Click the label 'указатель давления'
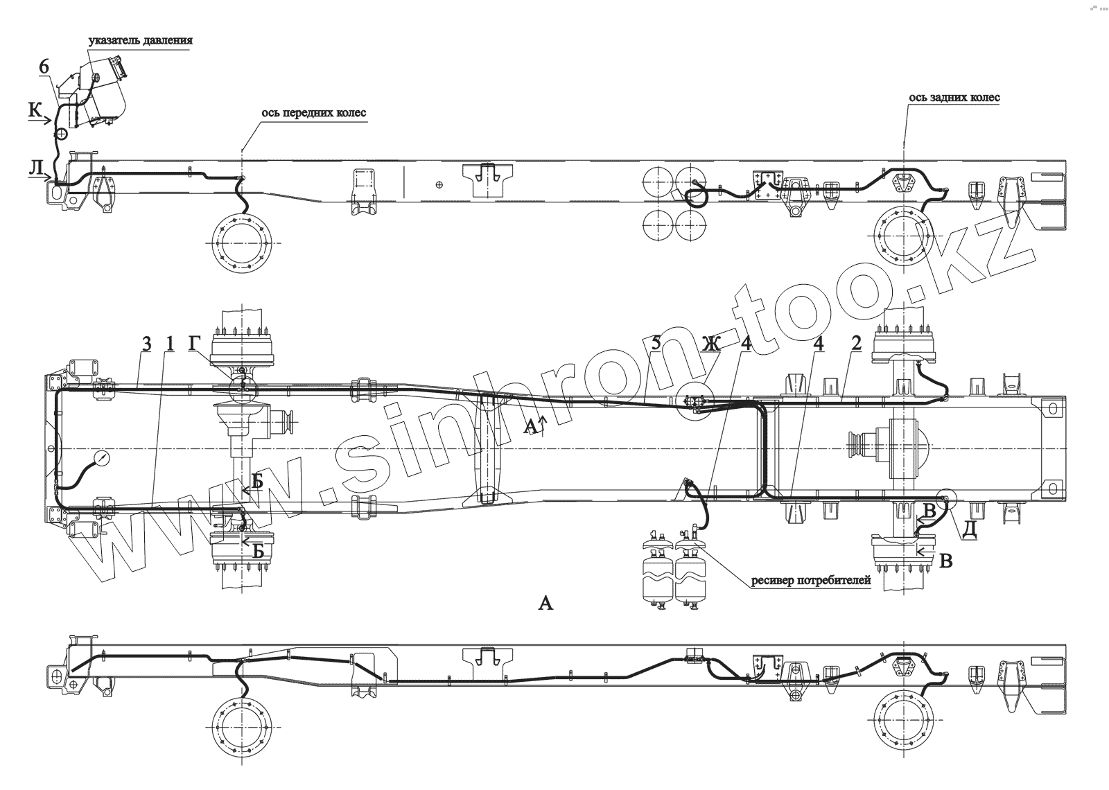pos(140,41)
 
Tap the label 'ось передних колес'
pos(313,113)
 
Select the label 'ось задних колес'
pos(954,98)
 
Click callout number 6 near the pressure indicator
pos(44,67)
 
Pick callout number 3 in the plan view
pos(146,343)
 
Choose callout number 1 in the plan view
pos(169,343)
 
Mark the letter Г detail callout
pos(196,343)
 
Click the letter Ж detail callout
pos(710,343)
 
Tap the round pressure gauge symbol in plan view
pos(102,458)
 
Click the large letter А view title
pos(546,604)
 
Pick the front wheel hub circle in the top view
pos(243,243)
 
